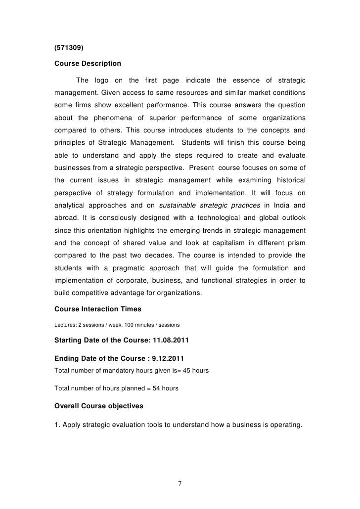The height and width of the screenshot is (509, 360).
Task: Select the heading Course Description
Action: [x=88, y=64]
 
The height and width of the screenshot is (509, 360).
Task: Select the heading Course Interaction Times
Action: [x=97, y=309]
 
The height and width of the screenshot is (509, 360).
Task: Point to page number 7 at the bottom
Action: [x=180, y=483]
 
